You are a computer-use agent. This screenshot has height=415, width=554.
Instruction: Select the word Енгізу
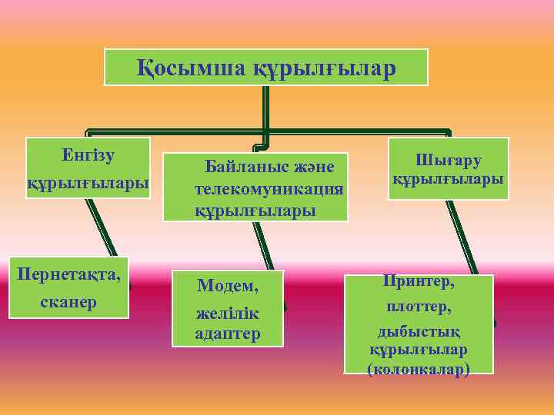pos(88,154)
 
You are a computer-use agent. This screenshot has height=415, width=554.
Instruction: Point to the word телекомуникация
pos(269,188)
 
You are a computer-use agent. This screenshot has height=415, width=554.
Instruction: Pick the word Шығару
pos(449,160)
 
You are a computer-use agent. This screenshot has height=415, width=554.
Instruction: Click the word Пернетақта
pos(68,274)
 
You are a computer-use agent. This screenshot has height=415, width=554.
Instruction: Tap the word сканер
pos(68,301)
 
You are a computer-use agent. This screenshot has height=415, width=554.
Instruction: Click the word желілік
pos(228,314)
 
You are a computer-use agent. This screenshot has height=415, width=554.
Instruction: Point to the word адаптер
pos(228,334)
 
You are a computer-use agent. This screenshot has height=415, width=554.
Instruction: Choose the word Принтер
pos(419,282)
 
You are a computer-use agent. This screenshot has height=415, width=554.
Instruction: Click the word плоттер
pos(419,307)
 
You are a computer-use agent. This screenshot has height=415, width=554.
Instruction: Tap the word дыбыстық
pos(419,331)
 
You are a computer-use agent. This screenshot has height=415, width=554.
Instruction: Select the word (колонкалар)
pos(419,370)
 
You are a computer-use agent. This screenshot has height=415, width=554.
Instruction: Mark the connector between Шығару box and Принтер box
pos(461,236)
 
